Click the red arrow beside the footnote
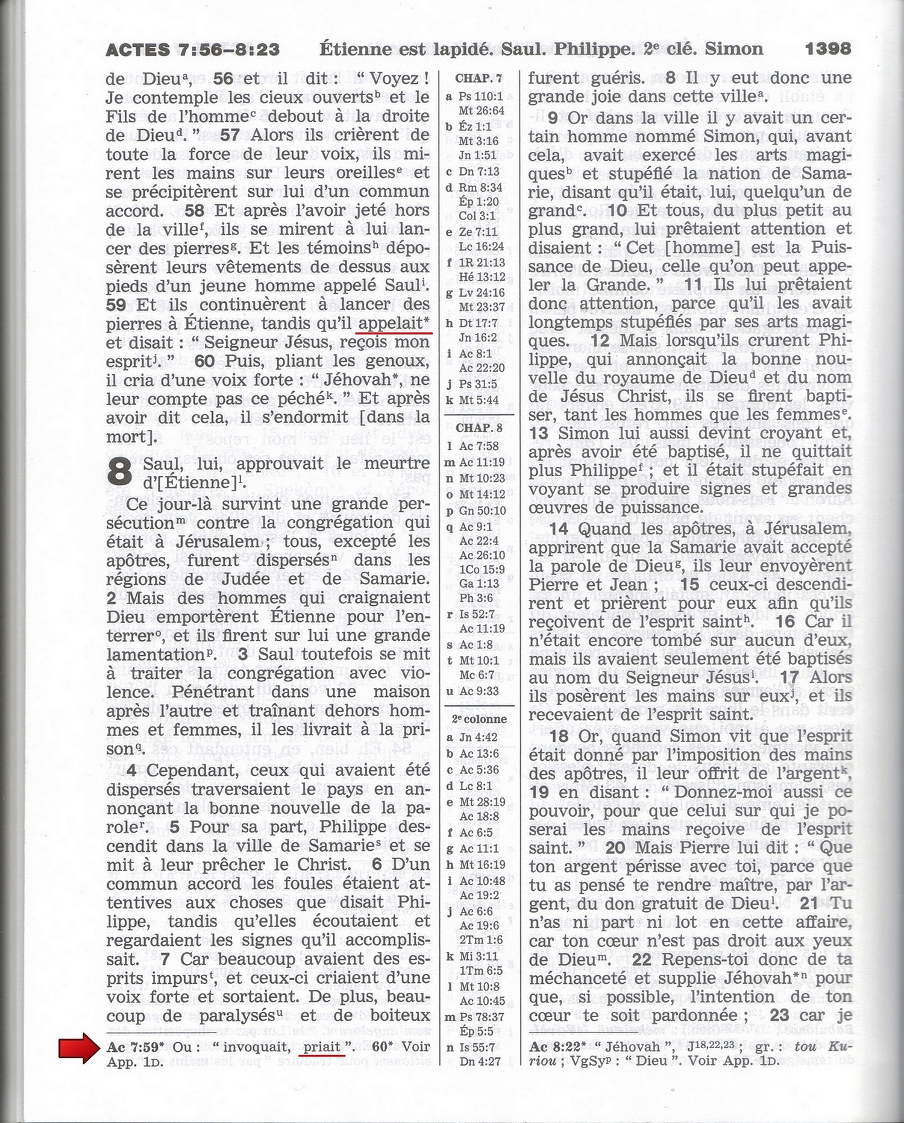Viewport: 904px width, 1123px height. pyautogui.click(x=78, y=1046)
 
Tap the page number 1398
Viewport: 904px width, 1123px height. pyautogui.click(x=828, y=49)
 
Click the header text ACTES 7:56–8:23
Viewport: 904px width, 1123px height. pyautogui.click(x=192, y=49)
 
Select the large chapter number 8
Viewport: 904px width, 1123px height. pyautogui.click(x=120, y=472)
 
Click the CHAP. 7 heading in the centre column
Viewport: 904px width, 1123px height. pyautogui.click(x=479, y=78)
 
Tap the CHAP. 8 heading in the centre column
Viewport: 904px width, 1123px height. pyautogui.click(x=479, y=428)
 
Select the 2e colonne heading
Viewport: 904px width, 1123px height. pyautogui.click(x=479, y=719)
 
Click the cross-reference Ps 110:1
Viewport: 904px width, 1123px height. pyautogui.click(x=480, y=96)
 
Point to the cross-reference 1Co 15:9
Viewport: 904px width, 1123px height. pyautogui.click(x=482, y=569)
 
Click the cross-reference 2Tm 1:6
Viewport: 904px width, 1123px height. pyautogui.click(x=480, y=940)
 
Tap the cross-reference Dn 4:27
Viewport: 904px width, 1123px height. pyautogui.click(x=480, y=1061)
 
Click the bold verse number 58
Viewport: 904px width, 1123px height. pyautogui.click(x=194, y=210)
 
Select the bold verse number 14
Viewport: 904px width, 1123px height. pyautogui.click(x=558, y=529)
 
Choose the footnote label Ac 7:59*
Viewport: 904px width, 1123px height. pyautogui.click(x=136, y=1047)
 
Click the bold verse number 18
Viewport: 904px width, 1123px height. pyautogui.click(x=559, y=737)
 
